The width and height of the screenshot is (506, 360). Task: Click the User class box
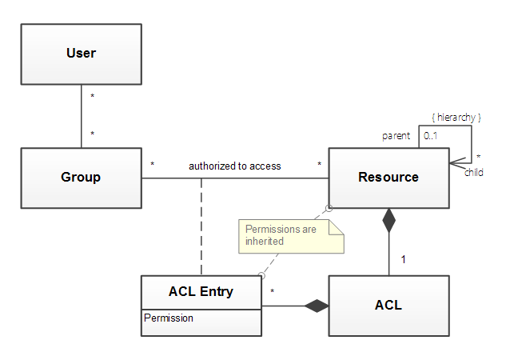pos(81,54)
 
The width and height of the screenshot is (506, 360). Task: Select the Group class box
pos(81,178)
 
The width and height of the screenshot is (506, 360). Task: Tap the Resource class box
pos(388,178)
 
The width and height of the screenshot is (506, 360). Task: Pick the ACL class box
pos(388,305)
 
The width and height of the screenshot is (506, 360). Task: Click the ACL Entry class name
pos(201,291)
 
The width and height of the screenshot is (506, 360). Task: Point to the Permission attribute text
pos(169,318)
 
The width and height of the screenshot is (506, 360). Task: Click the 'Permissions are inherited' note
pos(291,235)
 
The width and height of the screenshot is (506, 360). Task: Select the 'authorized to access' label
pos(235,166)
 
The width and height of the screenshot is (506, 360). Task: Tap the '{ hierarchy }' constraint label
pos(456,118)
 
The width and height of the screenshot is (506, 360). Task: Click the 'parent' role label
pos(396,136)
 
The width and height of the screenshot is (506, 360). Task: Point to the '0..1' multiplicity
pos(431,136)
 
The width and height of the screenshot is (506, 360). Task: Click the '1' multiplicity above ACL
pos(403,259)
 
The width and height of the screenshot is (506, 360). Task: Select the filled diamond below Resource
pos(388,220)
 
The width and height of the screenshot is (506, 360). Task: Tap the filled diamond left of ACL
pos(317,305)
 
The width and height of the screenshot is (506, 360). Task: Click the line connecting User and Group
pos(81,116)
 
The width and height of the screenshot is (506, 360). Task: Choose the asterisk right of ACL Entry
pos(273,292)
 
